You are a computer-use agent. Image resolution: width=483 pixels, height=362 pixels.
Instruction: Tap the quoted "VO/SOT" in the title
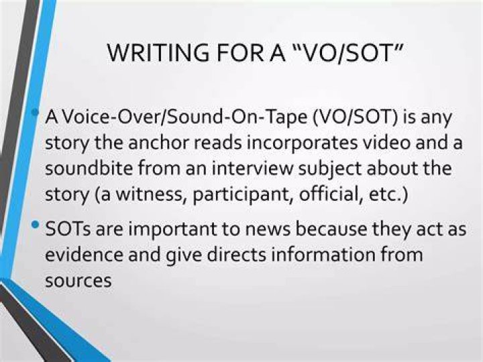(347, 53)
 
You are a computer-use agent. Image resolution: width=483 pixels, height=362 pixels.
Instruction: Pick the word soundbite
(89, 169)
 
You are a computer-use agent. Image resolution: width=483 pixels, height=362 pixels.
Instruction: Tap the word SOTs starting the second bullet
(68, 229)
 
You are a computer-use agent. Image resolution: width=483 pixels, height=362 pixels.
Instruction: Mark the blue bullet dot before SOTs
(36, 224)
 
